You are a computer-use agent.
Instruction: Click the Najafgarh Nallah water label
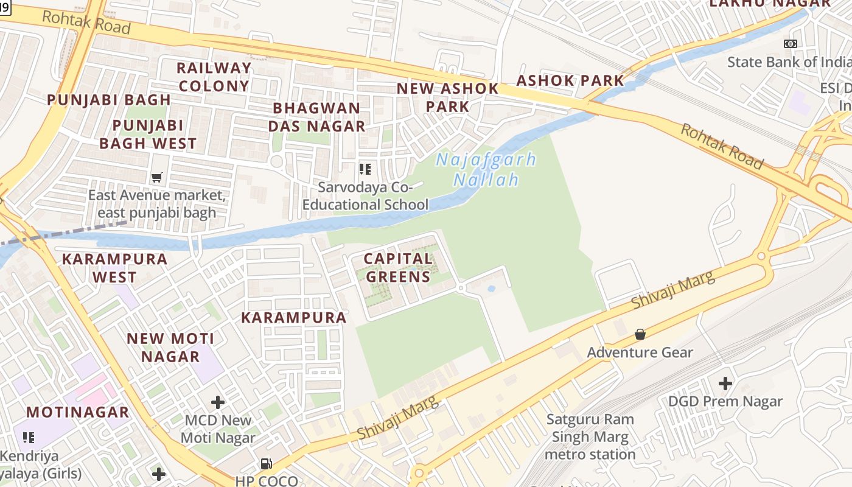point(486,170)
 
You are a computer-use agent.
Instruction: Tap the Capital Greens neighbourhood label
point(398,268)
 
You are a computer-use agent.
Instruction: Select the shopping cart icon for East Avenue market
point(157,178)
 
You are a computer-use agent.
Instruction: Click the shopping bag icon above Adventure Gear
point(640,334)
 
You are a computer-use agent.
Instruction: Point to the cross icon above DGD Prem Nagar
point(725,384)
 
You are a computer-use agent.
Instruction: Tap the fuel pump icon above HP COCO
point(267,464)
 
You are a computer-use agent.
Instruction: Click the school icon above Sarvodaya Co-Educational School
point(365,169)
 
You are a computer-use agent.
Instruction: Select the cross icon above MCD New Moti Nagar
point(218,402)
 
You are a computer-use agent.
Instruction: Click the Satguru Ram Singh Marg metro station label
point(590,436)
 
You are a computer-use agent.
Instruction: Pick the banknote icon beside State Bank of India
point(791,44)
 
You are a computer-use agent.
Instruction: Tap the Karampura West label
point(114,268)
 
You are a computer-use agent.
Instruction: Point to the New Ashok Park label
point(447,97)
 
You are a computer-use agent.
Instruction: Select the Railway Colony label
point(214,77)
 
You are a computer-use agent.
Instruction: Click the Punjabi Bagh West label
point(148,135)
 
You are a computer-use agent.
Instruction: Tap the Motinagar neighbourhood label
point(77,412)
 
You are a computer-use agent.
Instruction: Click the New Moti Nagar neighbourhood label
point(171,347)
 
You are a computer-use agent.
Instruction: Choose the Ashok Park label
point(570,80)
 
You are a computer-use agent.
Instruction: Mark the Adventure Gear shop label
point(640,352)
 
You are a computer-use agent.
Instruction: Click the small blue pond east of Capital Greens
point(491,289)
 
